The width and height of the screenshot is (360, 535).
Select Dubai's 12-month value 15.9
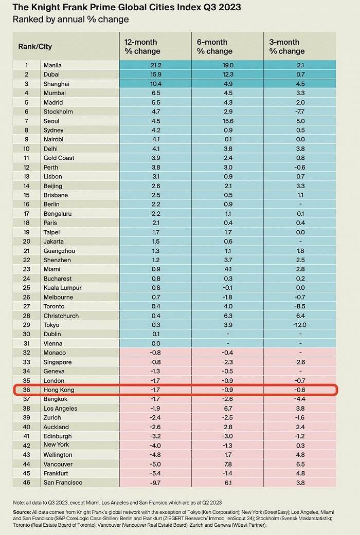click(x=155, y=74)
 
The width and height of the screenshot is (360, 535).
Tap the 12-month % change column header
click(x=142, y=46)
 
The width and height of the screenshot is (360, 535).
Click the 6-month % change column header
click(x=215, y=46)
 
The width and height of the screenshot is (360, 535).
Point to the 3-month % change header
click(x=287, y=46)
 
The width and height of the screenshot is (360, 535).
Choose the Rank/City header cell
click(x=35, y=46)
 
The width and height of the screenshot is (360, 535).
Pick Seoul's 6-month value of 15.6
click(x=227, y=121)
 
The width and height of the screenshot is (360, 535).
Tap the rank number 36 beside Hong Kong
click(x=26, y=390)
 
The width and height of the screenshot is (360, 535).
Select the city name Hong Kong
click(x=59, y=390)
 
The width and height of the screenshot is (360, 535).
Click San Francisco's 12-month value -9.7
click(x=155, y=483)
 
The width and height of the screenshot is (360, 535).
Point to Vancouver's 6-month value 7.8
click(x=227, y=464)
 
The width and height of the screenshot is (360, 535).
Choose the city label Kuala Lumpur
click(x=63, y=288)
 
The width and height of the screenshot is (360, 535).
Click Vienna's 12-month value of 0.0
click(x=155, y=343)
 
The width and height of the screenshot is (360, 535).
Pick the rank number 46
click(x=26, y=483)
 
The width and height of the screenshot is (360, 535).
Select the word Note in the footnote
click(x=19, y=503)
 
